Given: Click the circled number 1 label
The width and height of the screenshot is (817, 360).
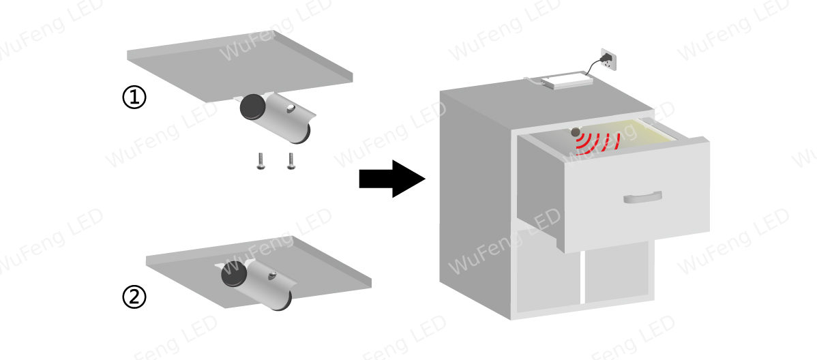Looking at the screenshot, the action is point(134,97).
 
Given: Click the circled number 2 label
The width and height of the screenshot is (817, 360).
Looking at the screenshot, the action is point(134,297).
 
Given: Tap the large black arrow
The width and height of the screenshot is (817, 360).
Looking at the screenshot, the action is point(392,179).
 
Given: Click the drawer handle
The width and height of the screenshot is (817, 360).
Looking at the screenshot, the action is point(643,197).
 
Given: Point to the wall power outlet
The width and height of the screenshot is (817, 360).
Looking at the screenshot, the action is point(608,59).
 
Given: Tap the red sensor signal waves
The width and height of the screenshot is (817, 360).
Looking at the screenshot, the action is point(597,142).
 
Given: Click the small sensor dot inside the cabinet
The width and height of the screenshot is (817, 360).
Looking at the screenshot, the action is point(575,132).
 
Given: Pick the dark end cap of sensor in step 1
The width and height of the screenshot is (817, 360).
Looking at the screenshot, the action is point(252,107).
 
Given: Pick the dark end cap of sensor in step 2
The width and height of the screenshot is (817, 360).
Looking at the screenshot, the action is point(233,274).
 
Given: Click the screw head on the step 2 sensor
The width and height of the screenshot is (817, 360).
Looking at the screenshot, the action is point(272,275).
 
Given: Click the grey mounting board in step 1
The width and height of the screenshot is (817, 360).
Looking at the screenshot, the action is point(240,66).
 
